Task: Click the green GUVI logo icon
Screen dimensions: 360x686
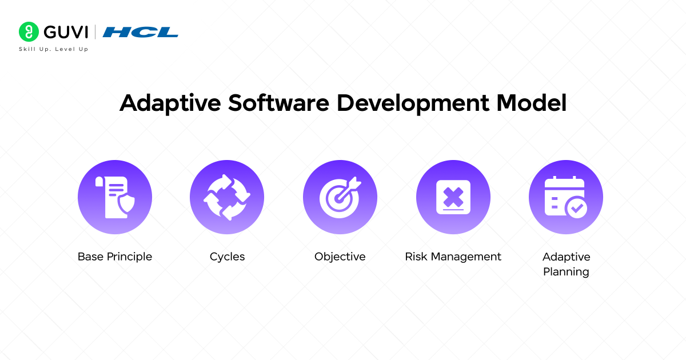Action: tap(28, 31)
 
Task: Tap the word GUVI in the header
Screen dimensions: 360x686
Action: tap(64, 31)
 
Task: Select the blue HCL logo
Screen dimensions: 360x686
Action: tap(140, 32)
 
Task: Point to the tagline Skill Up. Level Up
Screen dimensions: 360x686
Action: tap(54, 49)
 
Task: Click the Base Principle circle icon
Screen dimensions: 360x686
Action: tap(115, 197)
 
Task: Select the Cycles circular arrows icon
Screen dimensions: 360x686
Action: tap(227, 197)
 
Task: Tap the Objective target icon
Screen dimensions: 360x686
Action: tap(340, 197)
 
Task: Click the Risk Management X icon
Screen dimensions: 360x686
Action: tap(453, 197)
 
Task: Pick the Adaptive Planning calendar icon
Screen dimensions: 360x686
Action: tap(566, 197)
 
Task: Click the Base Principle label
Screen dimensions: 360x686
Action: tap(115, 257)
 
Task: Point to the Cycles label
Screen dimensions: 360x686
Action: tap(227, 257)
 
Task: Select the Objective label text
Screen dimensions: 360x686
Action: tap(340, 257)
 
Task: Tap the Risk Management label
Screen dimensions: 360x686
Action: tap(453, 257)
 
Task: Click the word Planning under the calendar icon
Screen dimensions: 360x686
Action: tap(566, 272)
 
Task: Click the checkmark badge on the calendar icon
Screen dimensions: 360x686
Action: tap(576, 208)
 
